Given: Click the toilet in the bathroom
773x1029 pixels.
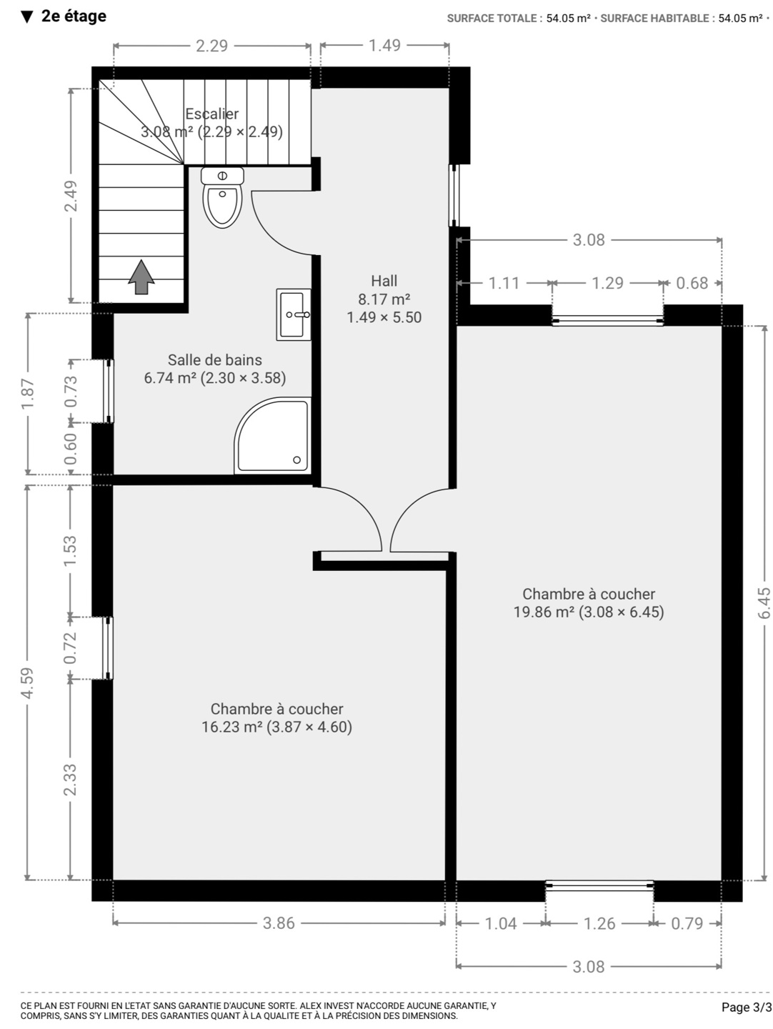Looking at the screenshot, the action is coord(222,197).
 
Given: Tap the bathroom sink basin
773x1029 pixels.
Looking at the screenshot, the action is coord(294,314).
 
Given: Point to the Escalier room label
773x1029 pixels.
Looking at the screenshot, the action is coord(211,114).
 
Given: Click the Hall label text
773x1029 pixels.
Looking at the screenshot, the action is coord(384,281).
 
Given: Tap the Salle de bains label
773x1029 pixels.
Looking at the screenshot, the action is coord(215,359).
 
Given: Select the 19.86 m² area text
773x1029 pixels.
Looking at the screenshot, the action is coord(544,612).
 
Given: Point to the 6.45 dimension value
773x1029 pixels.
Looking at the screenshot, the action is coord(764,603).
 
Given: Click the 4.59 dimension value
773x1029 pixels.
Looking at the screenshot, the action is coord(28,682).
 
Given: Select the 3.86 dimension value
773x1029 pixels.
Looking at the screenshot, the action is coord(279,923).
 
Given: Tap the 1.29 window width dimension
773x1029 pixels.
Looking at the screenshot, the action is coord(608,283).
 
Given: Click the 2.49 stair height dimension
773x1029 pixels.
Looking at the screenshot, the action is coord(71,196).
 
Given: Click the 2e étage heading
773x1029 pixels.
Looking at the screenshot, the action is coord(74,16).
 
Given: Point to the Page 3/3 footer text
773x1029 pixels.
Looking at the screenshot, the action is coord(747,1007).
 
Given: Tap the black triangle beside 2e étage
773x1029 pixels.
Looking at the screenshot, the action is coord(27,17).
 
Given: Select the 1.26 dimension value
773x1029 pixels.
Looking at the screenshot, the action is coord(599,923).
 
